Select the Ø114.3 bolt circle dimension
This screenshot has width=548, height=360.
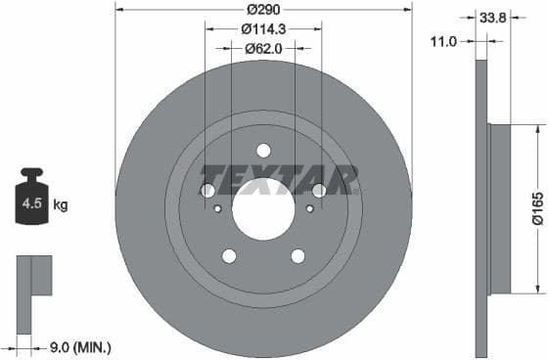(x=263, y=28)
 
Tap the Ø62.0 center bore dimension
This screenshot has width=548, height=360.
(x=263, y=47)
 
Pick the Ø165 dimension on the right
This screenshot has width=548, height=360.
(x=537, y=208)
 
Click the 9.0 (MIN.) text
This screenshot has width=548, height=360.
(x=79, y=346)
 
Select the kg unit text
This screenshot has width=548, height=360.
(x=61, y=205)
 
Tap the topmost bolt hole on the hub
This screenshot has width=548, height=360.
(x=262, y=150)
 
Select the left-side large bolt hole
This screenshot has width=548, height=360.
(x=207, y=191)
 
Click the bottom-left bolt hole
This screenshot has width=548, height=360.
(x=229, y=256)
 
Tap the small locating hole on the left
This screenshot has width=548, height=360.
(x=217, y=208)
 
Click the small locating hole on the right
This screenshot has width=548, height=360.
(x=309, y=208)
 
